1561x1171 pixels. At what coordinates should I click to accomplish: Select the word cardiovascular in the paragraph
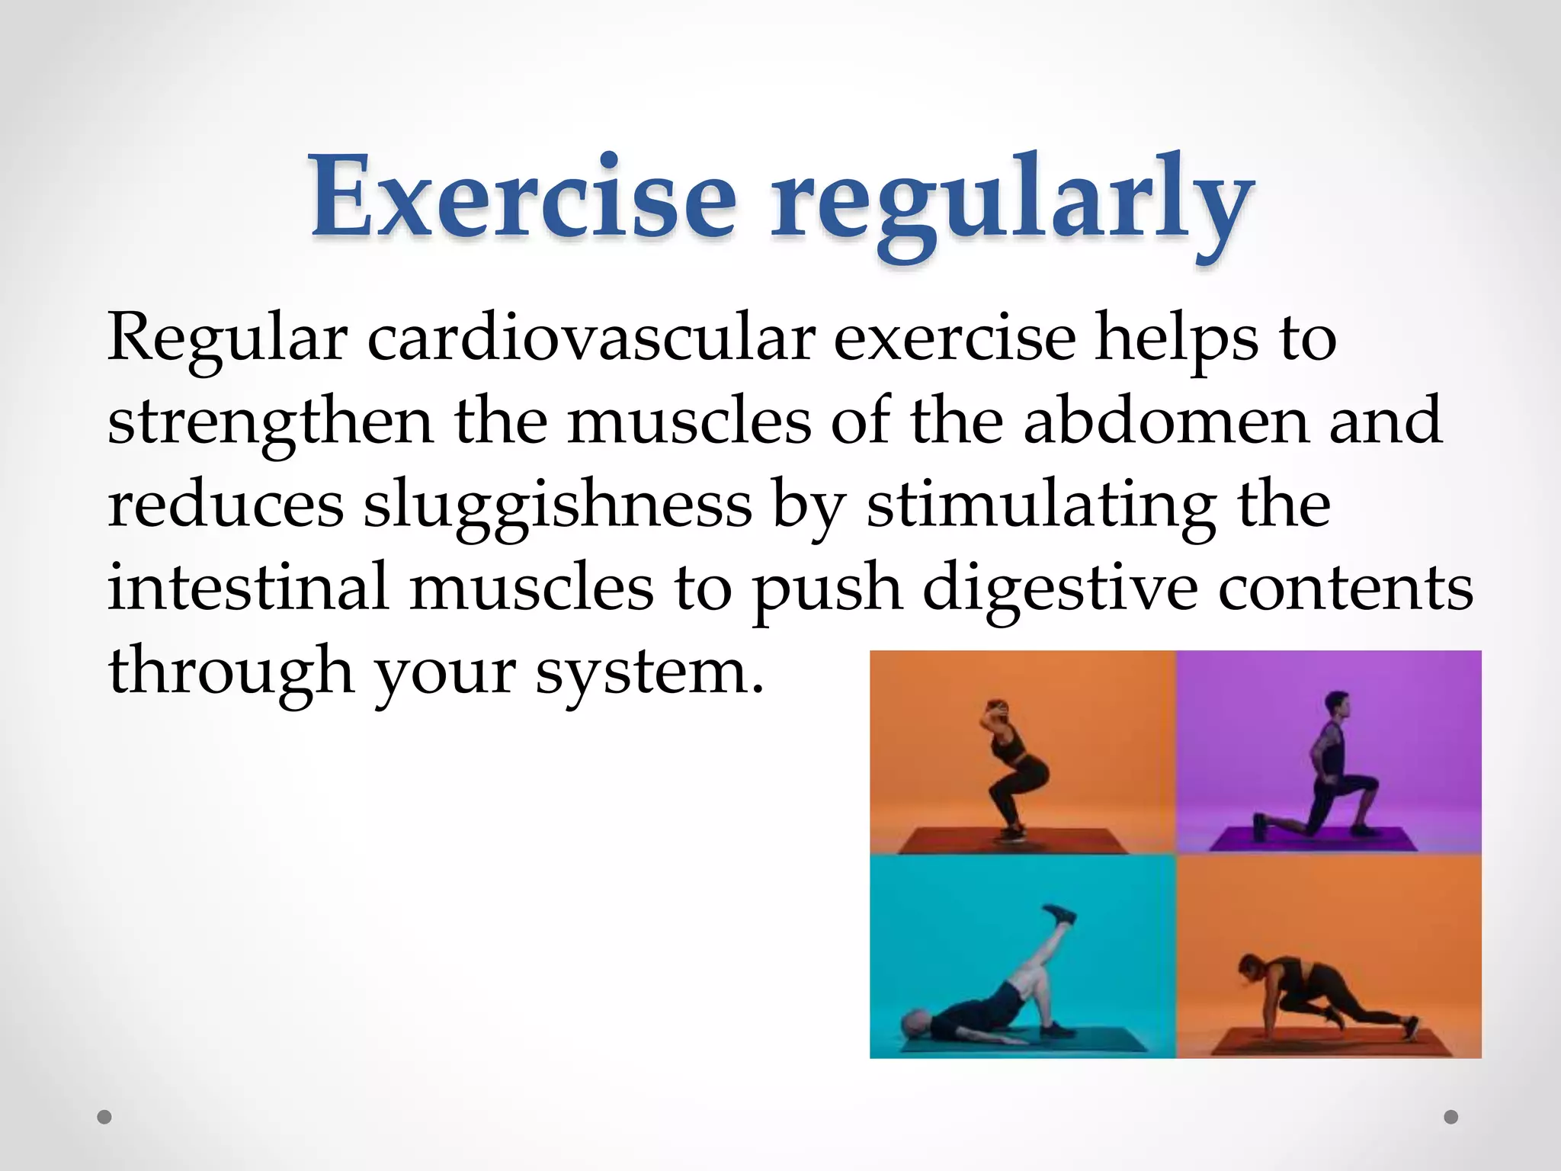tap(591, 338)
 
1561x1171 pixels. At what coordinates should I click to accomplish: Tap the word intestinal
tap(248, 588)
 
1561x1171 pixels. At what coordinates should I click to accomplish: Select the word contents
tap(1345, 589)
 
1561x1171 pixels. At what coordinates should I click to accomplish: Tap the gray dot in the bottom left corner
tap(104, 1118)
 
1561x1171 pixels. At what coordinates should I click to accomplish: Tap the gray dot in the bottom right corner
tap(1451, 1117)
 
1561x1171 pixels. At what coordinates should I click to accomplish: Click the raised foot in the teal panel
tap(1060, 914)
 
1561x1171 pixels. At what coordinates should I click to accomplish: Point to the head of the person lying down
tap(914, 1021)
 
